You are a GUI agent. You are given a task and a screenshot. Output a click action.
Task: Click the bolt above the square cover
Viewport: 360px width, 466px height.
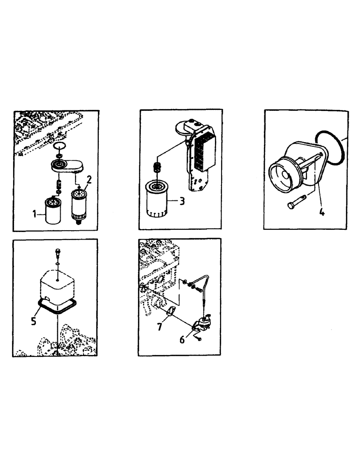(56, 252)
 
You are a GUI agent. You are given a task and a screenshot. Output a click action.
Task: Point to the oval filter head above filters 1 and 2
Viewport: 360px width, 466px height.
(65, 165)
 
